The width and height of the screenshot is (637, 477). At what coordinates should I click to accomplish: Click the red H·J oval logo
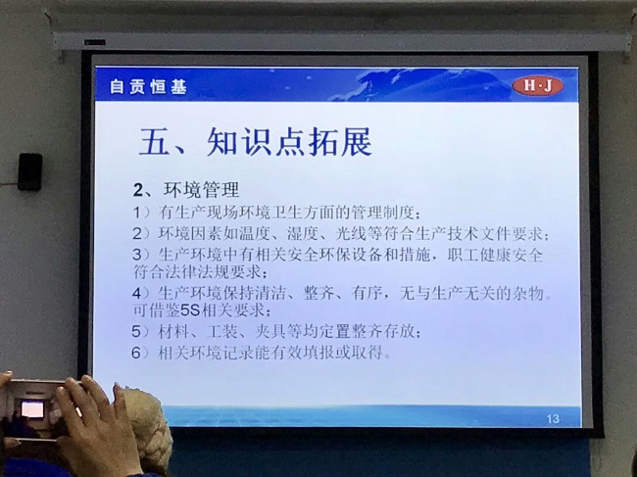538,85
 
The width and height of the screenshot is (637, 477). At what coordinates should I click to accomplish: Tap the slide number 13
553,418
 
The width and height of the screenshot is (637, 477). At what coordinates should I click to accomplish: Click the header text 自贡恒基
148,87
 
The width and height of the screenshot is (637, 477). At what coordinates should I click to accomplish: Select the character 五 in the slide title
154,142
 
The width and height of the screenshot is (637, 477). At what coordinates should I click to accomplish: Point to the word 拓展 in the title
340,142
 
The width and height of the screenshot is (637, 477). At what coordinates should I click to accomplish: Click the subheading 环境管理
202,190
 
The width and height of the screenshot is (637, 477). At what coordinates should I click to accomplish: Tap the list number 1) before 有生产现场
141,213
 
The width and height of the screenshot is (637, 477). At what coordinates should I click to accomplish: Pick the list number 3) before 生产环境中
141,255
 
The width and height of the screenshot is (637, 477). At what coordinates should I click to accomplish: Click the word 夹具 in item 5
270,332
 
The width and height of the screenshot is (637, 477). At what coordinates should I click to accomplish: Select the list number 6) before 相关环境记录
141,353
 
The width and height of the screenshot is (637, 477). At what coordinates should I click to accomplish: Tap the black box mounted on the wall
30,171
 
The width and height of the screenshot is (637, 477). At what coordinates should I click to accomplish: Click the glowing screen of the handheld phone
32,409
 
